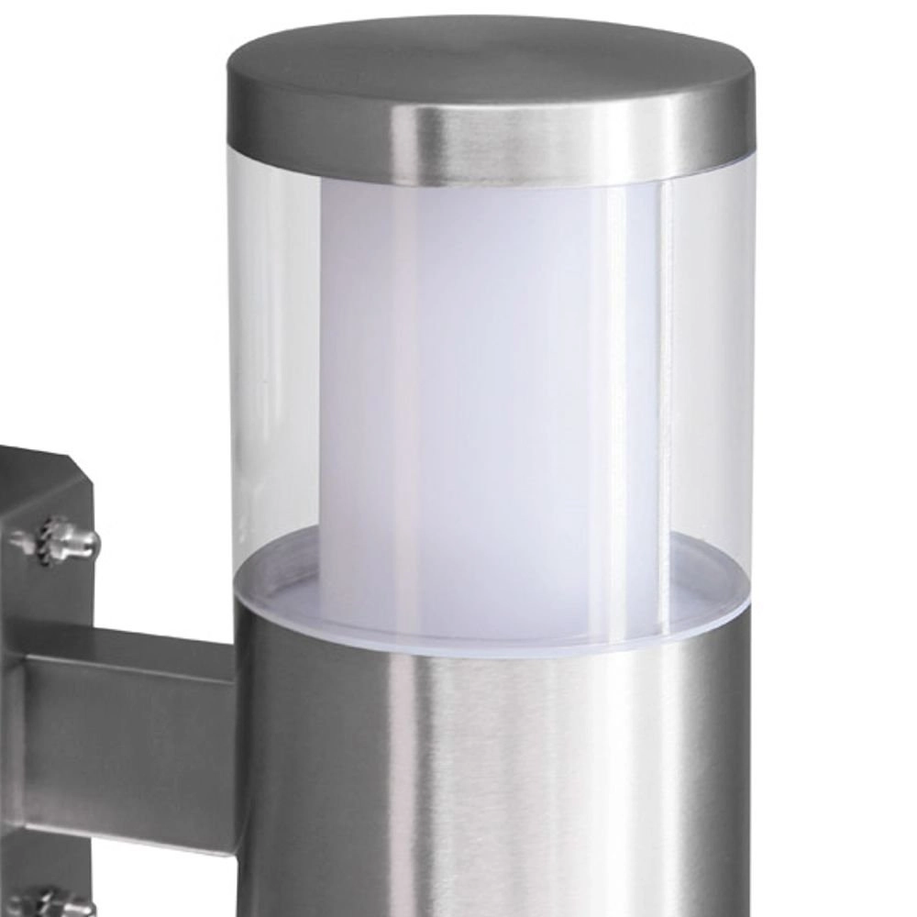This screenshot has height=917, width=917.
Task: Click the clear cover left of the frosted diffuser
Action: pyautogui.click(x=275, y=367)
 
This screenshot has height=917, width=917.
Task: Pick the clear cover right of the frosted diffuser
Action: pyautogui.click(x=706, y=367)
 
